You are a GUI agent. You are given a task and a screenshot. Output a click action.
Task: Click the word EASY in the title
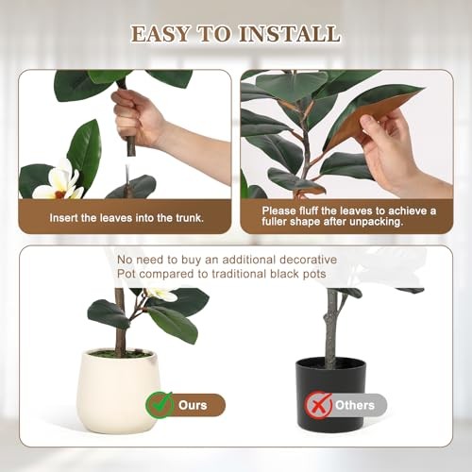(x=160, y=34)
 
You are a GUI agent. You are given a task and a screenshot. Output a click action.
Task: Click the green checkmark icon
(x=160, y=404)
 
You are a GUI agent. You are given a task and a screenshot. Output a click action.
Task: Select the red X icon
(x=318, y=405)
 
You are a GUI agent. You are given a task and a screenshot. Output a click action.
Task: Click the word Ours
(x=193, y=405)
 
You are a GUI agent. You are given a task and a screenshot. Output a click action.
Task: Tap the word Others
(x=355, y=405)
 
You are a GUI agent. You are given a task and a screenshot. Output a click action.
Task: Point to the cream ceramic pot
(x=119, y=390)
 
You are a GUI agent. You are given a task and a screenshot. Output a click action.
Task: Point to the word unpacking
(x=377, y=222)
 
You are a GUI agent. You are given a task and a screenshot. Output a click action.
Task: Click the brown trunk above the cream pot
(x=120, y=321)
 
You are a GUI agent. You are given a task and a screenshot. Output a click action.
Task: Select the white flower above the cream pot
(x=161, y=295)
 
